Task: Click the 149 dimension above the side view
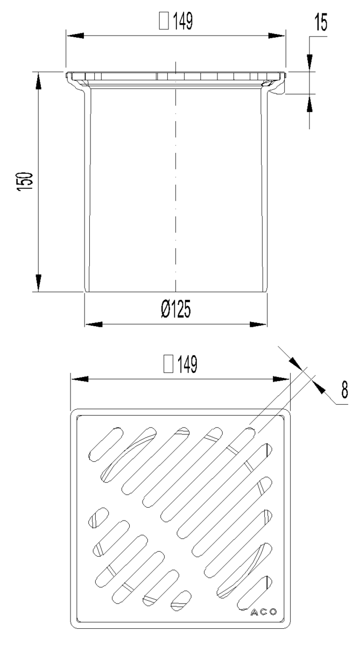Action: [x=183, y=21]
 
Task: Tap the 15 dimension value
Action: [x=321, y=23]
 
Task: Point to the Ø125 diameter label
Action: [x=176, y=309]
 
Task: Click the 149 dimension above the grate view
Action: [x=187, y=364]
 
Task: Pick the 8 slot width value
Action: [x=345, y=390]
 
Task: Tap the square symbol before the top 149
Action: [x=164, y=22]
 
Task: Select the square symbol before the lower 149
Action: [x=168, y=364]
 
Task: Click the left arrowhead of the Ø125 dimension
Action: [x=94, y=325]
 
